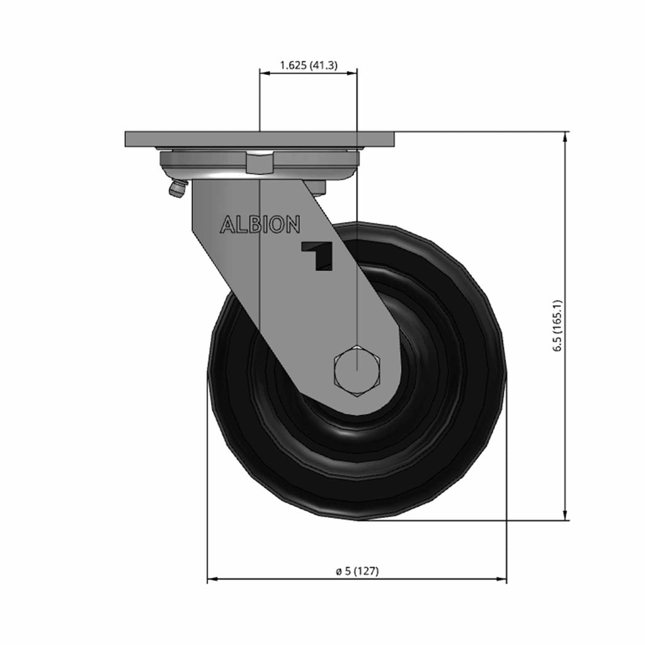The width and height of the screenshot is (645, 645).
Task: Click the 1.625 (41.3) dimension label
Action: [x=309, y=65]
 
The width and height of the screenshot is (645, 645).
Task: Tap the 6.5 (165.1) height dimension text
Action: [x=557, y=326]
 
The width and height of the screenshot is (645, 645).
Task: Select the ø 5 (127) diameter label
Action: [x=357, y=571]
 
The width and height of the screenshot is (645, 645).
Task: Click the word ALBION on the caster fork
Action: [x=260, y=225]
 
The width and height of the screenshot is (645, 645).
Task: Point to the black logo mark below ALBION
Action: [x=317, y=256]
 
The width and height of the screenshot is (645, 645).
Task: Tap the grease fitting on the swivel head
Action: [x=177, y=190]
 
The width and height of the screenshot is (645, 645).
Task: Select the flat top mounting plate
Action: [x=260, y=139]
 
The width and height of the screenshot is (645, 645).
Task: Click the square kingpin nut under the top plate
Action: [x=260, y=163]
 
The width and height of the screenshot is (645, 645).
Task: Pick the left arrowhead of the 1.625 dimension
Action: [x=265, y=73]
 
